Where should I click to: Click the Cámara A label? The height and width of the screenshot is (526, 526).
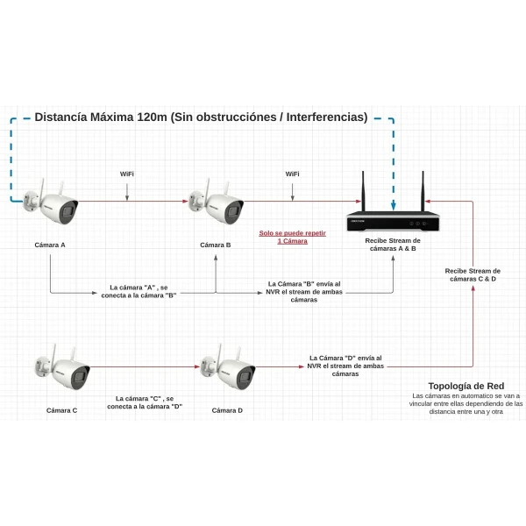pyautogui.click(x=50, y=245)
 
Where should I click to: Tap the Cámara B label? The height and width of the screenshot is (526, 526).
pyautogui.click(x=215, y=245)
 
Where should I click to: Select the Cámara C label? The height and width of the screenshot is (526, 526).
pyautogui.click(x=61, y=410)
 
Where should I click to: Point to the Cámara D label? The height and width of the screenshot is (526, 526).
pyautogui.click(x=227, y=410)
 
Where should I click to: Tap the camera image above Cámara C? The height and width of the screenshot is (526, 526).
pyautogui.click(x=64, y=369)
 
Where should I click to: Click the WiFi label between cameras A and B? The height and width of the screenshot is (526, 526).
pyautogui.click(x=127, y=174)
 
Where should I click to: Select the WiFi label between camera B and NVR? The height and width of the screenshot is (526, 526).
pyautogui.click(x=292, y=174)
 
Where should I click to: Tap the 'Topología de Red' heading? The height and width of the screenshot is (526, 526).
pyautogui.click(x=466, y=386)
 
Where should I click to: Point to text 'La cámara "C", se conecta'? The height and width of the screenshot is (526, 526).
pyautogui.click(x=145, y=402)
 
